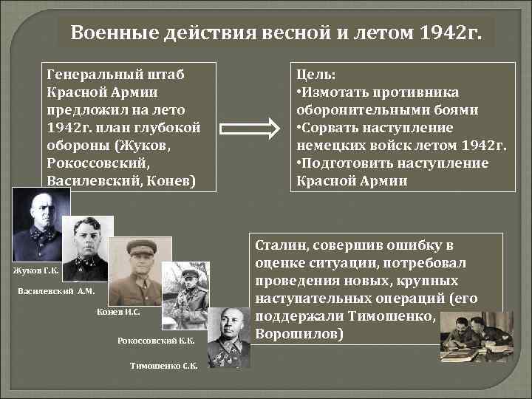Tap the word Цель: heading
point(316,75)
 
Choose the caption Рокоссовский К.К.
point(157,341)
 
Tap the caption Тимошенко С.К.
point(164,366)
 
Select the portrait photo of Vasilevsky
point(87,248)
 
